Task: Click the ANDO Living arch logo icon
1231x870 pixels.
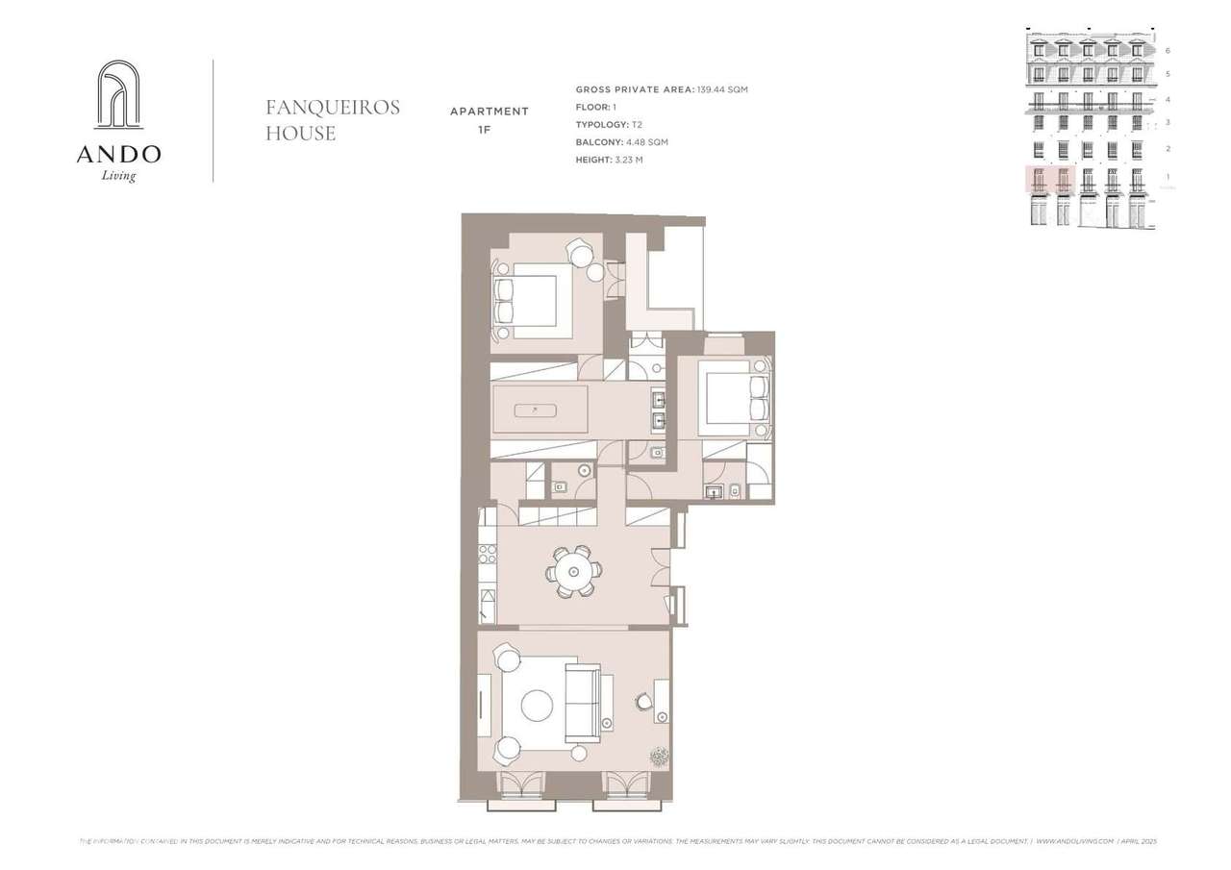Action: click(118, 94)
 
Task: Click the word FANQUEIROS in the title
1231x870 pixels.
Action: click(332, 108)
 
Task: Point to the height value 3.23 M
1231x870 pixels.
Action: click(628, 160)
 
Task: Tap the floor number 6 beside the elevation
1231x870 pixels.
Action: click(1168, 50)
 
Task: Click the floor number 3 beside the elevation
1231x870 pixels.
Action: click(1168, 122)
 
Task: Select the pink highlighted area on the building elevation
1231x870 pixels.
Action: click(1049, 180)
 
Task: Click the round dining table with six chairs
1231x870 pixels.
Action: click(573, 572)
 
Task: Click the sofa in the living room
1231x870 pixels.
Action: click(582, 703)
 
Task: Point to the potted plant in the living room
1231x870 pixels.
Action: click(659, 757)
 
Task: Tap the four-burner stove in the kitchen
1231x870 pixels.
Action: click(488, 554)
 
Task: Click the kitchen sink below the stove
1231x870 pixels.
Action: click(488, 606)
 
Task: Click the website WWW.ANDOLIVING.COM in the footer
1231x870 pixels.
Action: click(1074, 841)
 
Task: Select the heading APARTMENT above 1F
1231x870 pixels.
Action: click(489, 112)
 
